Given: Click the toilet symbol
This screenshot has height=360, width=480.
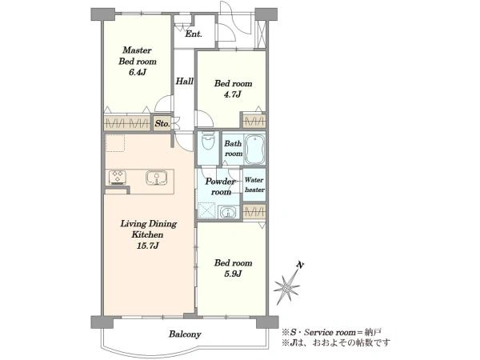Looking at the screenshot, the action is [207, 142].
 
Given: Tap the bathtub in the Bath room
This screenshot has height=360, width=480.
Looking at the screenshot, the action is [254, 149].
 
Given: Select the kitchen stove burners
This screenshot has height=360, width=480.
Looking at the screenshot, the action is [118, 178].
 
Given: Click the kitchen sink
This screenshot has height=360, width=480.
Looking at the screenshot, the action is [157, 178].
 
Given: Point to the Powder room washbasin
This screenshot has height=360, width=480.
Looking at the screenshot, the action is [228, 213].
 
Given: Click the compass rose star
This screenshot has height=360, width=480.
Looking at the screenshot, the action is [287, 288].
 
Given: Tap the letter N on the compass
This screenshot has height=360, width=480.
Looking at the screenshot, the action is [301, 265].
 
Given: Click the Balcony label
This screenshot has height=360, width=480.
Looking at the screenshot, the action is [185, 334].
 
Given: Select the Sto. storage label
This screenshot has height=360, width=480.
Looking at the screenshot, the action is [162, 123].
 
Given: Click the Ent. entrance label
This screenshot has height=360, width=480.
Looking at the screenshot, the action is [194, 34].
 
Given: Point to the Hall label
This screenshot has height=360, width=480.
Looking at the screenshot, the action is [184, 82].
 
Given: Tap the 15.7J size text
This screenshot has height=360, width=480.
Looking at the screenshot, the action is [148, 246].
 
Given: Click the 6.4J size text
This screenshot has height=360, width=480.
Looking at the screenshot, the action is [137, 73].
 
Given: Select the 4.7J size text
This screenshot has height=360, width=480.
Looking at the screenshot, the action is [233, 94].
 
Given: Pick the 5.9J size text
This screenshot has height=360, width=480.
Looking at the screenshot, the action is [233, 274].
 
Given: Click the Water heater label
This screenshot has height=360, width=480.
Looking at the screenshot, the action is [254, 185].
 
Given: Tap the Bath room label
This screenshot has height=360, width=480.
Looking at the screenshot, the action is [234, 149].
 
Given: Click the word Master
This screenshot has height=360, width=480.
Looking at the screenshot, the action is [137, 50].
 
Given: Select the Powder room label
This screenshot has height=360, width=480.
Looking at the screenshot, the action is [221, 186].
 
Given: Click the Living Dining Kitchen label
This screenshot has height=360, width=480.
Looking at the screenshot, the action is [148, 230].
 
